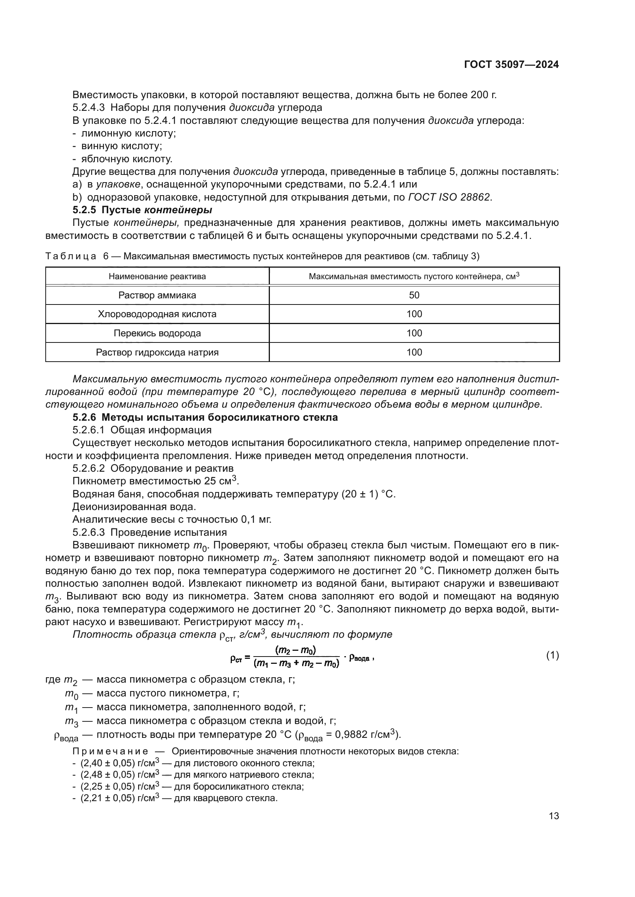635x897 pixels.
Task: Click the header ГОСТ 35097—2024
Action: (511, 65)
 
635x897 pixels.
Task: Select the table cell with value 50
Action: (414, 295)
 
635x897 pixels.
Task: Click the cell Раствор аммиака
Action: (157, 295)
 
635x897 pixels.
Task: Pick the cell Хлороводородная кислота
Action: (157, 314)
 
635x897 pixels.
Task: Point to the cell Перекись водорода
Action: (157, 333)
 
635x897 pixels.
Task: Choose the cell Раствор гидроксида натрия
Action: (157, 352)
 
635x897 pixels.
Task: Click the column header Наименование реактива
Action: (157, 277)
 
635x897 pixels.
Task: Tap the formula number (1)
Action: (552, 655)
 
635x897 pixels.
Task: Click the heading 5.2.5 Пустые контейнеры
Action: (142, 210)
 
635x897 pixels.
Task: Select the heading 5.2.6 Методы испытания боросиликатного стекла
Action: (205, 417)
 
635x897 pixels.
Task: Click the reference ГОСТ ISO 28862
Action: (449, 197)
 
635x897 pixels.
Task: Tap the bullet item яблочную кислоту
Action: (126, 159)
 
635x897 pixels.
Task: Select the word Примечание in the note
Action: (110, 751)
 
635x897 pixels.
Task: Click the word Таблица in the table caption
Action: (71, 256)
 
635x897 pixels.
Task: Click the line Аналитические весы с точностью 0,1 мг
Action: (172, 519)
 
